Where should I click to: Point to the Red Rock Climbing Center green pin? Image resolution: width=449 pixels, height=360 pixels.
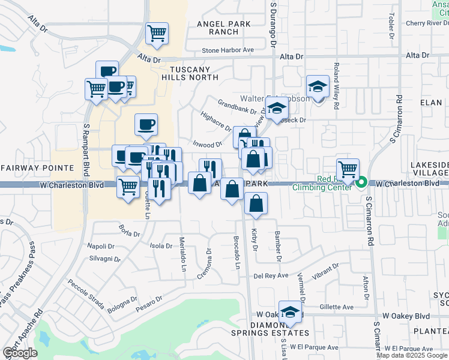point(362,182)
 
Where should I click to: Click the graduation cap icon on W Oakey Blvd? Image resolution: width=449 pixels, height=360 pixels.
point(291,312)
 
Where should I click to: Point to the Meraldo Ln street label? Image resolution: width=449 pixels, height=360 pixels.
point(182,253)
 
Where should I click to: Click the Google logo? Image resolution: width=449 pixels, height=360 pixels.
point(20,353)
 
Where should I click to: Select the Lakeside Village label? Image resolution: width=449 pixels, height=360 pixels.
point(429,168)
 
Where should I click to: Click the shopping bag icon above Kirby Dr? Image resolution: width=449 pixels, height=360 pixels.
point(256,204)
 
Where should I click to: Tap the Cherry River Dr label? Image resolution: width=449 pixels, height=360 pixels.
point(427,23)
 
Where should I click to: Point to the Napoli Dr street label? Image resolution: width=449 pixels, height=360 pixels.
point(101,247)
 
